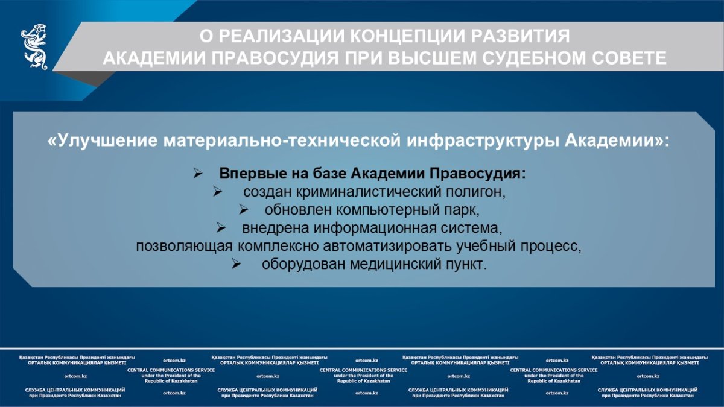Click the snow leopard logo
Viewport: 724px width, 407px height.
coord(34,46)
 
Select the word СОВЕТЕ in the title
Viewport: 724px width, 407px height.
coord(629,58)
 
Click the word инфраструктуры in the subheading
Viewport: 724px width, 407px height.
coord(483,140)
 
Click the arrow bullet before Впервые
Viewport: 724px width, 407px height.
coord(197,174)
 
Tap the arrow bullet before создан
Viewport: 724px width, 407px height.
coord(218,192)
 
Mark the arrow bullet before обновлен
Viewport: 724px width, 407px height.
coord(243,210)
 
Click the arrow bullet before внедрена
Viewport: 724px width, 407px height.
coord(221,229)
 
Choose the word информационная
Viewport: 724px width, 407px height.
coord(375,228)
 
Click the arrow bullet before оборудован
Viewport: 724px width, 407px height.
coord(237,265)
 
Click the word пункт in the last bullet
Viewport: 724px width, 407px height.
coord(466,265)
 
